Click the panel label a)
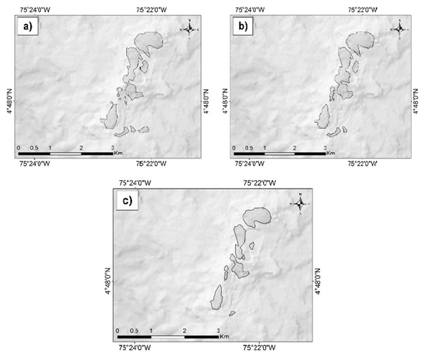[x=26, y=29]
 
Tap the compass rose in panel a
[x=188, y=30]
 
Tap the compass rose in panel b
[x=399, y=30]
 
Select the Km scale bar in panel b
[x=281, y=153]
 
